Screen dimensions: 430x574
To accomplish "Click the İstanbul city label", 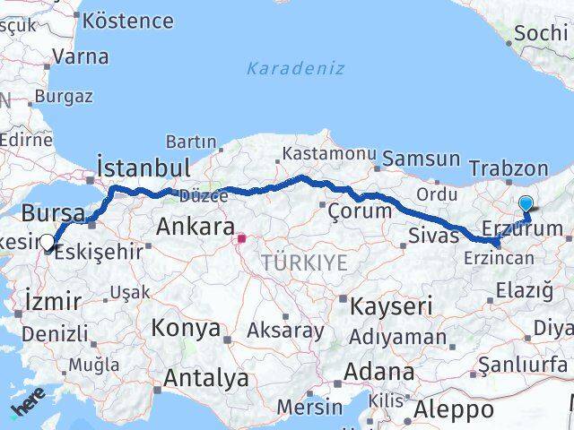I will (x=143, y=168).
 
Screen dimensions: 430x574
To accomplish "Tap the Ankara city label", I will (x=196, y=227).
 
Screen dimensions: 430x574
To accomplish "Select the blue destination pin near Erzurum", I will (x=525, y=204).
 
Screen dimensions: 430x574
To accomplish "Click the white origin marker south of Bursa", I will (x=47, y=241).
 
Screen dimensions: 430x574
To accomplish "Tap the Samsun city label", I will (x=420, y=159).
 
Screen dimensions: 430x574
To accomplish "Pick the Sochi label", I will (x=541, y=34).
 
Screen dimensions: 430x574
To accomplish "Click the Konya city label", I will (x=186, y=328).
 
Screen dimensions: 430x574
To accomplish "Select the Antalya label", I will (x=205, y=378).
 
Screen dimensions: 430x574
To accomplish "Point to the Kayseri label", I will (x=390, y=305).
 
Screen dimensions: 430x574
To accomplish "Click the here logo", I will (x=29, y=408).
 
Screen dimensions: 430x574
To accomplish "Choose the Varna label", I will (x=80, y=56).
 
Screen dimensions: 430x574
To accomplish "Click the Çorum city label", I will (x=360, y=211).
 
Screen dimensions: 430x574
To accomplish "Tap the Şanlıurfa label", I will (x=523, y=364).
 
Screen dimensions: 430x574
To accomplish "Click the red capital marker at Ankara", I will (x=241, y=239).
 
